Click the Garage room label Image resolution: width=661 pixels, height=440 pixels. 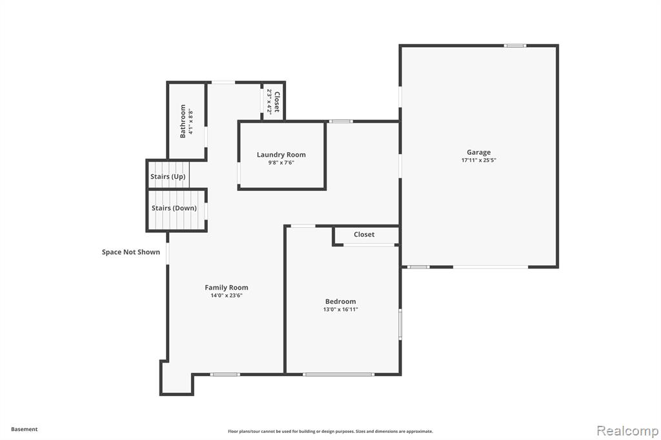(478, 152)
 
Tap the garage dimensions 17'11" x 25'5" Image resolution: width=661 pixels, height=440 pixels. (478, 160)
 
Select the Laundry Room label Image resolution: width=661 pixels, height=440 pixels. (281, 155)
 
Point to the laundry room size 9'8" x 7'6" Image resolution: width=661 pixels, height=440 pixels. (281, 163)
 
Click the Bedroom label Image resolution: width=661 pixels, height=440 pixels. (340, 301)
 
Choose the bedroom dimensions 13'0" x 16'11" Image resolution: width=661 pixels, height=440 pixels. (340, 309)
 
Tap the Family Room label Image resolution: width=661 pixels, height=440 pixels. (227, 288)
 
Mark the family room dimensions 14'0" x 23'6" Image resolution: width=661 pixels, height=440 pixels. (227, 295)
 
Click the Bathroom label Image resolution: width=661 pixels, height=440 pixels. (183, 121)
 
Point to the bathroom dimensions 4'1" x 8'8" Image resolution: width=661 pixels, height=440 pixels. (191, 122)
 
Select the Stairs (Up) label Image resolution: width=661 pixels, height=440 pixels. (168, 177)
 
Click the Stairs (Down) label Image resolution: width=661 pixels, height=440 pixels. (174, 208)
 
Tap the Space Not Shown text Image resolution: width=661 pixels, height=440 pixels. (130, 252)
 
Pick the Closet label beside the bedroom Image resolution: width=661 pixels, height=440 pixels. (364, 234)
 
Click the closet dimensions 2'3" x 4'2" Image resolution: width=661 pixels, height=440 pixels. (269, 101)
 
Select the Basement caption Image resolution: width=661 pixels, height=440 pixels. (24, 429)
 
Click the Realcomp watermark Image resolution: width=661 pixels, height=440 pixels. (627, 431)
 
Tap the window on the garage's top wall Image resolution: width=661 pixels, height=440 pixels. (514, 46)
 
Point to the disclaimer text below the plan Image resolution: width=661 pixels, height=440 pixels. (330, 431)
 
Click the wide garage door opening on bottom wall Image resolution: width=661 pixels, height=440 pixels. (491, 267)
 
